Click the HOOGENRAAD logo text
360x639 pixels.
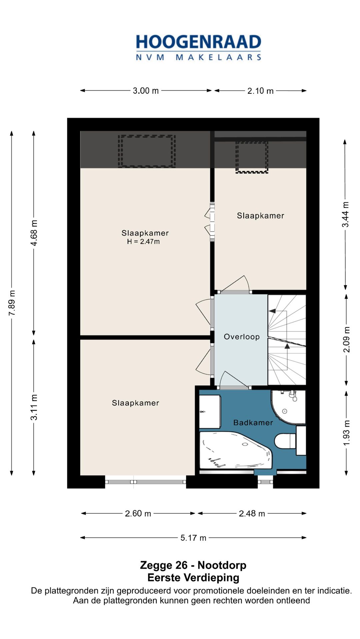point(198,42)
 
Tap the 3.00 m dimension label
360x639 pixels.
point(146,91)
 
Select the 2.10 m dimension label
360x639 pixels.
point(260,91)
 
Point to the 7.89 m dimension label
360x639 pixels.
point(12,303)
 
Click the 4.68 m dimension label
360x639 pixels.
point(34,233)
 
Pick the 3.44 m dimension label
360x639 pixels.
point(346,214)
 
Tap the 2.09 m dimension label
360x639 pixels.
point(346,339)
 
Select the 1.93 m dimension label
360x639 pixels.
point(346,433)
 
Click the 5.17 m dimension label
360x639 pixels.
point(193,537)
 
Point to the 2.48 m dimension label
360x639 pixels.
point(252,513)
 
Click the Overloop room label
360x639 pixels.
point(242,336)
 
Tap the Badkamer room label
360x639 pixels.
point(253,422)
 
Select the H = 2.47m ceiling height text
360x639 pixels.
point(143,242)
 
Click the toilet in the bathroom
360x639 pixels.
point(285,441)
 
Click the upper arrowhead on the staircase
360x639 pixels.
point(272,311)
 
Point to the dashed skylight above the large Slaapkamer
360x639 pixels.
point(147,151)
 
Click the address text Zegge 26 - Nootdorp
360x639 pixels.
point(193,565)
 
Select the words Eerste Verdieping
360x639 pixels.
point(193,577)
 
